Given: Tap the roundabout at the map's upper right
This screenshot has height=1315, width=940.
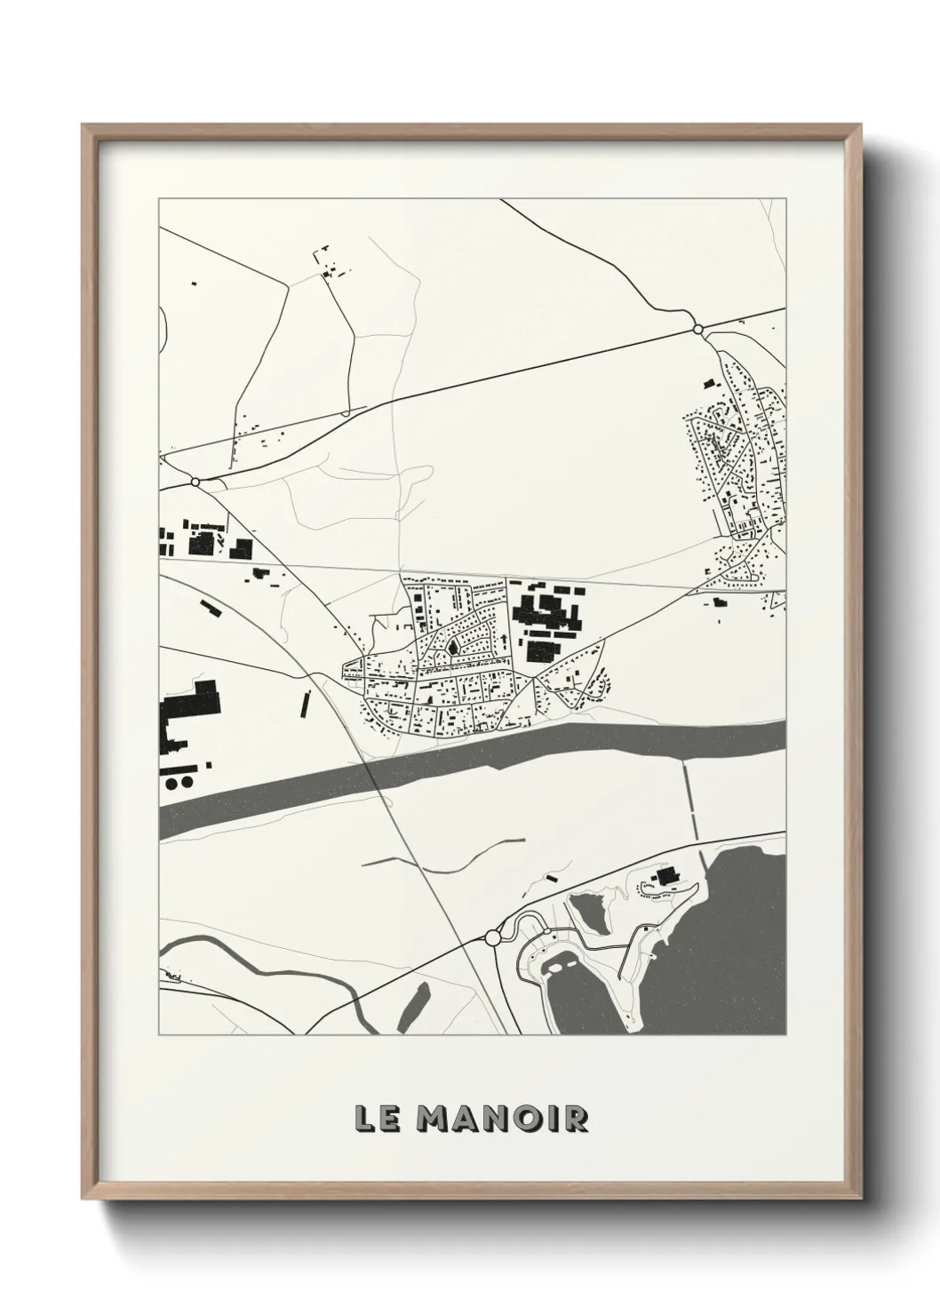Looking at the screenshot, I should coord(697,330).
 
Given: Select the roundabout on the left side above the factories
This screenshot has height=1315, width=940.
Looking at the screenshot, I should coord(195,482).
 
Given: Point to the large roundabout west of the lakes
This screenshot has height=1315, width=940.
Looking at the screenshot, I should coord(493,937).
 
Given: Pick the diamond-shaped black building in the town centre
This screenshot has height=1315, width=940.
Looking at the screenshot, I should coord(453,648).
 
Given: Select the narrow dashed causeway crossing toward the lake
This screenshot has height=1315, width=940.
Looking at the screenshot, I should coord(690,798).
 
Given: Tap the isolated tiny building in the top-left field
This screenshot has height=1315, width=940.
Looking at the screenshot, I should coord(193,283).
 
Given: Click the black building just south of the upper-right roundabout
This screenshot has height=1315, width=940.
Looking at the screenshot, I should coord(708,384).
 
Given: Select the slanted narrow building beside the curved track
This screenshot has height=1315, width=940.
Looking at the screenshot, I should coord(210,608).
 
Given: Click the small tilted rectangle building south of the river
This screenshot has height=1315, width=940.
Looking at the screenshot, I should coord(552,878).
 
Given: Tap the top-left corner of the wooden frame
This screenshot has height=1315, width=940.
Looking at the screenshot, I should coord(84,126).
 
